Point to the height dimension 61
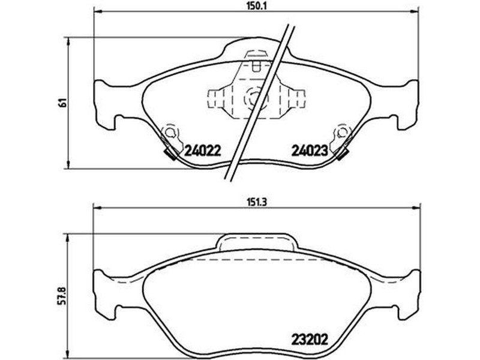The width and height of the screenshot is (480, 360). [63, 103]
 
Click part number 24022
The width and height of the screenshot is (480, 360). [202, 151]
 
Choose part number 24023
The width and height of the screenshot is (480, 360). [310, 151]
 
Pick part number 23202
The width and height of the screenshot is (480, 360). [310, 339]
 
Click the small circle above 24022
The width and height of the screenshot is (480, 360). [169, 132]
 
